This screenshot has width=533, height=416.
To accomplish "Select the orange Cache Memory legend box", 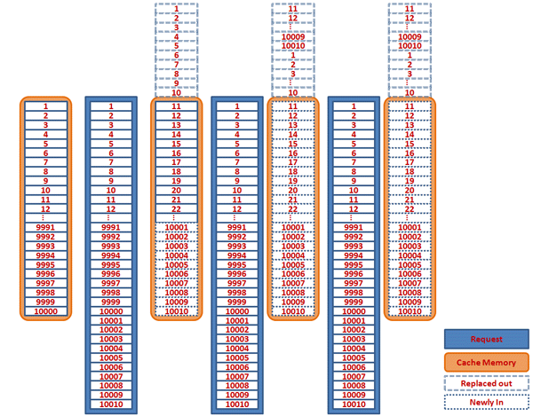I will click(x=486, y=363).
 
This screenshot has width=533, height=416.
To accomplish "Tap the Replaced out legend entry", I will click(x=486, y=382).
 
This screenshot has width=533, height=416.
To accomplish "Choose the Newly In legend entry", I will click(x=486, y=402).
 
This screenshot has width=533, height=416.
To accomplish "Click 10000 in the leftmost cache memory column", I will click(x=45, y=312).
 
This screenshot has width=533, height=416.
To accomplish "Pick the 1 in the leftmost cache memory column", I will click(x=45, y=106).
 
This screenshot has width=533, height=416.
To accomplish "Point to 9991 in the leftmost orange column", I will click(x=45, y=226).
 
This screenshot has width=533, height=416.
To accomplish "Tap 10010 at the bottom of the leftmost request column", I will click(x=111, y=404).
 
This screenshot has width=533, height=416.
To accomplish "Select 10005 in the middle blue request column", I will click(x=237, y=358).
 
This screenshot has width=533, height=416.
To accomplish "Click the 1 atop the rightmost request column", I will click(x=354, y=106).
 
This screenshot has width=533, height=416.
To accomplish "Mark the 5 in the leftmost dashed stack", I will click(x=176, y=46).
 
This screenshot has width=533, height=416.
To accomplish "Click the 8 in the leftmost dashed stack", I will click(x=176, y=74).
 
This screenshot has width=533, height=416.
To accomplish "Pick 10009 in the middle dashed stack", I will click(x=293, y=37).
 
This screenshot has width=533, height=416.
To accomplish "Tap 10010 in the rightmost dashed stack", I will click(x=410, y=46).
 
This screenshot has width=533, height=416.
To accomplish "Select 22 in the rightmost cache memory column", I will click(x=410, y=208).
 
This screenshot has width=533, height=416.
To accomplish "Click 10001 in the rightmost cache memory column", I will click(x=410, y=227).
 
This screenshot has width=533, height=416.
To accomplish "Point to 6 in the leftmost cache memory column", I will click(x=45, y=153).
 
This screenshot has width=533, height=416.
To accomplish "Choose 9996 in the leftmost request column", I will click(x=111, y=273).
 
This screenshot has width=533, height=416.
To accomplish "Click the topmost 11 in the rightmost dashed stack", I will click(x=410, y=9).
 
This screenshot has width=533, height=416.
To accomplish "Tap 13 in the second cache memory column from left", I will click(x=176, y=125).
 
